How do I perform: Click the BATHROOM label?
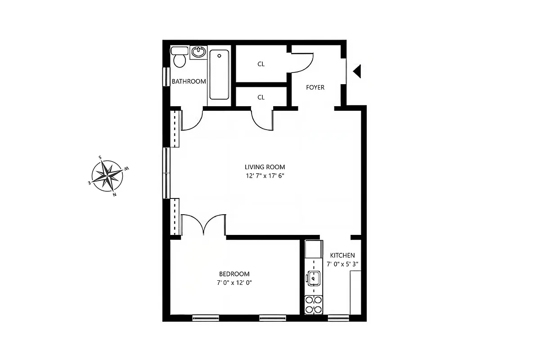pyautogui.click(x=189, y=81)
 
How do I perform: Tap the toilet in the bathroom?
pyautogui.click(x=180, y=57)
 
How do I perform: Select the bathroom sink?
pyautogui.click(x=198, y=52)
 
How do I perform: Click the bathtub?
pyautogui.click(x=219, y=74)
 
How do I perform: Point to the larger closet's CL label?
pyautogui.click(x=261, y=64)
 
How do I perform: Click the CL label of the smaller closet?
pyautogui.click(x=261, y=97)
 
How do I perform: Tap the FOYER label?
pyautogui.click(x=315, y=87)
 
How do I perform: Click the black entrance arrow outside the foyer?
pyautogui.click(x=357, y=71)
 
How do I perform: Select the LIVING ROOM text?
pyautogui.click(x=265, y=167)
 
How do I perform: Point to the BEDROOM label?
pyautogui.click(x=234, y=274)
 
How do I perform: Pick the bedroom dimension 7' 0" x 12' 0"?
pyautogui.click(x=234, y=283)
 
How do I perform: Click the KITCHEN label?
pyautogui.click(x=342, y=255)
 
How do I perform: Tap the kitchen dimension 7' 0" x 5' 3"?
pyautogui.click(x=342, y=264)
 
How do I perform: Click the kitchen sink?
pyautogui.click(x=313, y=279)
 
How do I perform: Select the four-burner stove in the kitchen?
pyautogui.click(x=313, y=304)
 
